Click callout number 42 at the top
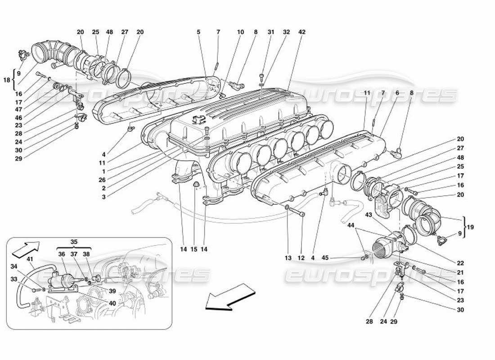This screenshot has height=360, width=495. (x=302, y=32)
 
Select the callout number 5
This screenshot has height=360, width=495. (x=198, y=32)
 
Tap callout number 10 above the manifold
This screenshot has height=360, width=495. (x=241, y=32)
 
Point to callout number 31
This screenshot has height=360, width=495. (x=271, y=32)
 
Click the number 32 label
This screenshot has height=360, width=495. (x=286, y=32)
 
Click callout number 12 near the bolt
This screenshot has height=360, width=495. (x=301, y=258)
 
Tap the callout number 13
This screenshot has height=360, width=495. (x=288, y=258)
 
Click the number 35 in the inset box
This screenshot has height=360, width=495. (x=74, y=242)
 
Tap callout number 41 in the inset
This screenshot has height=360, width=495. (x=30, y=259)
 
